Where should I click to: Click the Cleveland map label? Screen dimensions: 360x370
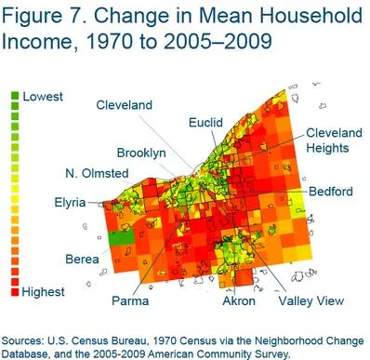coord(124,106)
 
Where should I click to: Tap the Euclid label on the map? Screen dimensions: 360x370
coord(205,123)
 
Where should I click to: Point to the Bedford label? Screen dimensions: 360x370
coord(331,192)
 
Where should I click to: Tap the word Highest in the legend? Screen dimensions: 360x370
coord(45,292)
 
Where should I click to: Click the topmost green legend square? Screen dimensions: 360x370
coord(15,97)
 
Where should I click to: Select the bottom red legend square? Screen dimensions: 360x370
coord(15,292)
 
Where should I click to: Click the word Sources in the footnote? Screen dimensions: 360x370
coord(28,339)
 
